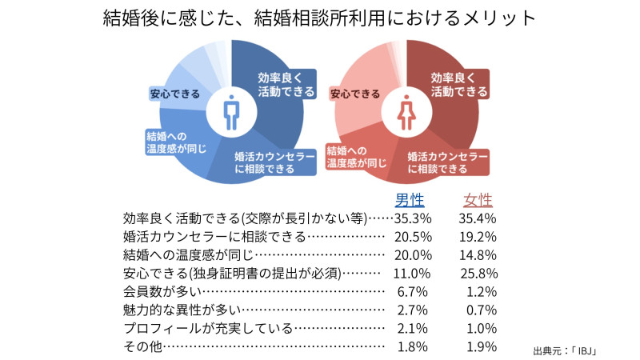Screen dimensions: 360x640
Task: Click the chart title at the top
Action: click(320, 18)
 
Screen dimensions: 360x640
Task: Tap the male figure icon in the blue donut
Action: click(230, 112)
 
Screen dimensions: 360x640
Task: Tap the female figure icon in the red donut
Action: click(406, 112)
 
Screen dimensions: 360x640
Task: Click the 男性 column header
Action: click(410, 200)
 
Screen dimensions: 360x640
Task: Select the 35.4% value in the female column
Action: click(479, 218)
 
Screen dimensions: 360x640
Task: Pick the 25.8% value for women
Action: click(479, 273)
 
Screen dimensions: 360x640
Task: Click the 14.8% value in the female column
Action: click(479, 254)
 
